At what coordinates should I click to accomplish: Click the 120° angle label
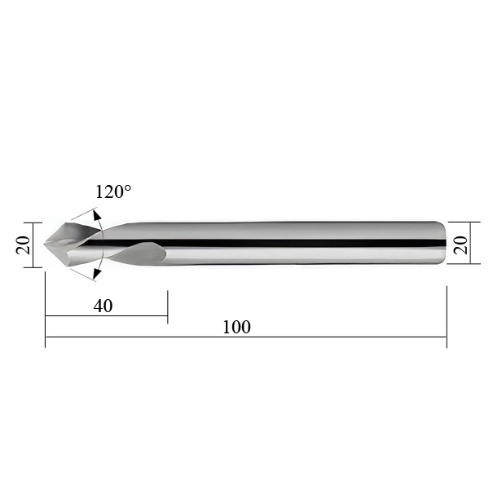click(x=113, y=192)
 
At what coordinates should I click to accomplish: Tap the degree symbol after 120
click(x=128, y=188)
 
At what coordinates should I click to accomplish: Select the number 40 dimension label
click(x=103, y=306)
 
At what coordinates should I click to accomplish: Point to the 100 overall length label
click(x=236, y=327)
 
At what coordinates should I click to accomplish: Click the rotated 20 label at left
click(x=24, y=245)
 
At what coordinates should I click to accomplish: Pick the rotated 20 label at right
click(x=461, y=245)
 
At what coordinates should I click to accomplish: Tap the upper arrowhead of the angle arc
click(x=97, y=215)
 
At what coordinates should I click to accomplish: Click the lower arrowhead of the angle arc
click(x=97, y=273)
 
